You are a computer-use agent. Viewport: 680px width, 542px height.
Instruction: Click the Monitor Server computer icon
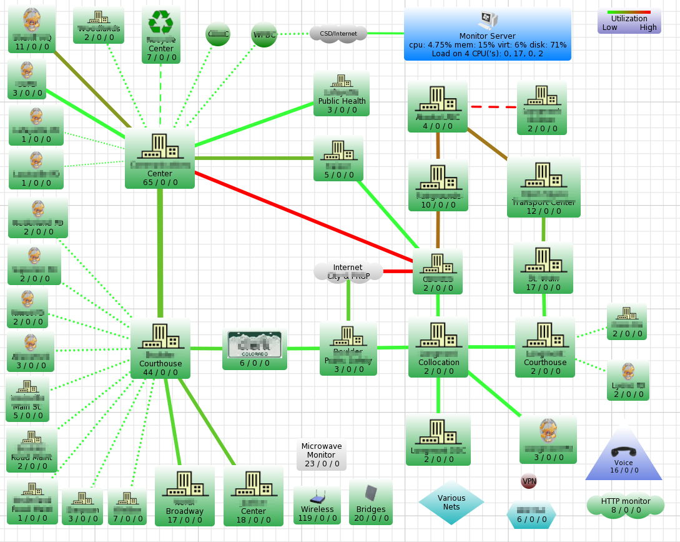click(x=488, y=21)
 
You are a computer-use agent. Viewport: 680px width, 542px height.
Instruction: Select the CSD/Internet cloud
click(x=338, y=33)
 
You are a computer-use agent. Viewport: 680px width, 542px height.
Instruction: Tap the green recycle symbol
click(x=160, y=24)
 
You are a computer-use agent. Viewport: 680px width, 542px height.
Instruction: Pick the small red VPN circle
click(x=529, y=481)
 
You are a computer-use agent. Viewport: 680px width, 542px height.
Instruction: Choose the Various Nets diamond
click(x=451, y=503)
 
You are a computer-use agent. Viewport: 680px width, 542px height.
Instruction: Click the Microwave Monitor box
click(x=322, y=455)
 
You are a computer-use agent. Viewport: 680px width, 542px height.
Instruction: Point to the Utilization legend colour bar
click(x=629, y=12)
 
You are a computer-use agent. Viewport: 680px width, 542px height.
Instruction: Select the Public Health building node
click(x=342, y=93)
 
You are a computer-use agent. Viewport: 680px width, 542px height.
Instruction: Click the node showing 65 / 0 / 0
click(x=160, y=160)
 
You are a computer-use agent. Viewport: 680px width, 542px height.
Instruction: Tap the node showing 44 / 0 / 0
click(x=160, y=350)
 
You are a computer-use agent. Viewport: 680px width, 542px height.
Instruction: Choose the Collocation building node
click(x=438, y=347)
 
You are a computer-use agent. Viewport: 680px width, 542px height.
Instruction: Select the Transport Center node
click(x=543, y=187)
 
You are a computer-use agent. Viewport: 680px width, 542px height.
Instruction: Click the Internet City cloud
click(x=348, y=272)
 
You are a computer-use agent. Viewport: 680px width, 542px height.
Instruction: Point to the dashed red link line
click(x=493, y=108)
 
